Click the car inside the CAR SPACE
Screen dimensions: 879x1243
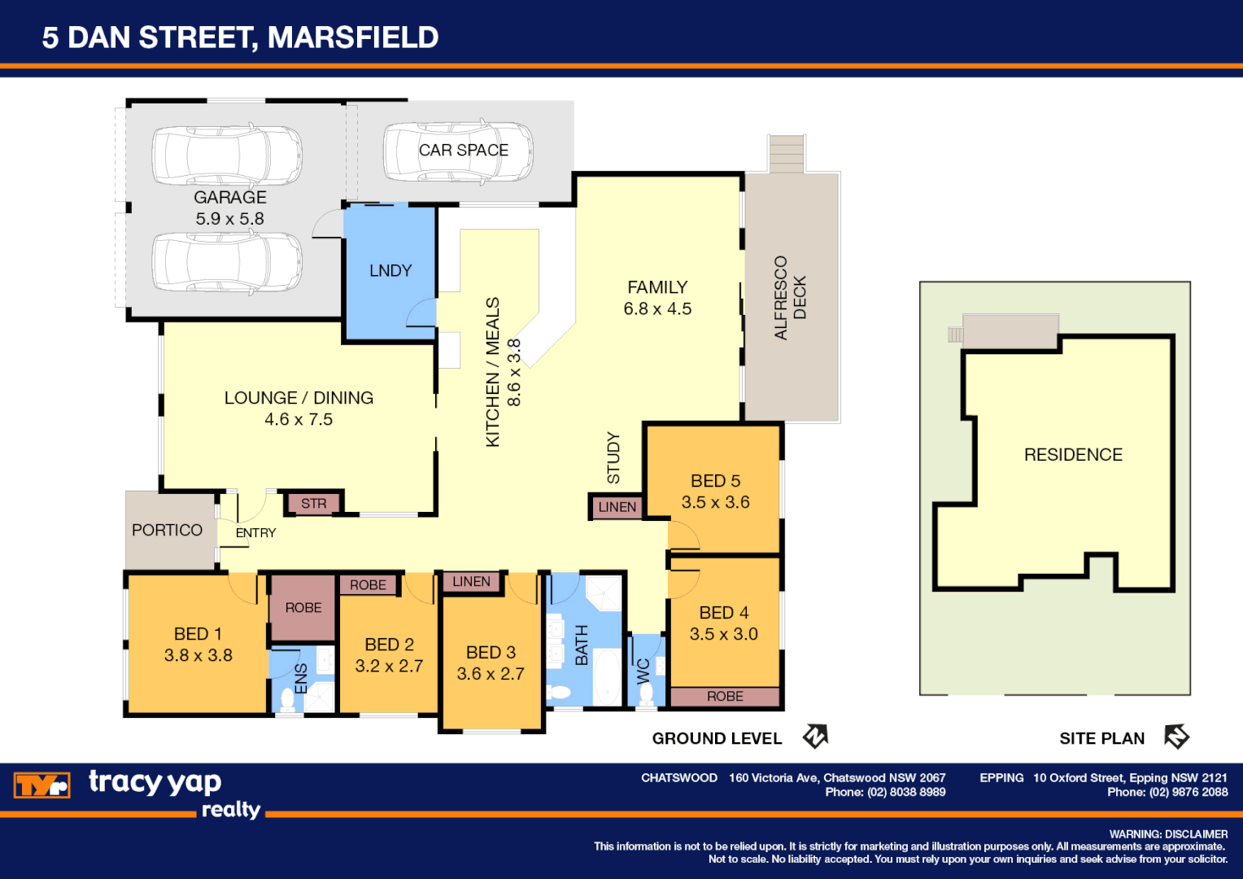click(457, 151)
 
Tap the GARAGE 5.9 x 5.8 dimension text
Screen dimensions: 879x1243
click(229, 219)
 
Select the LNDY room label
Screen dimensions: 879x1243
click(390, 270)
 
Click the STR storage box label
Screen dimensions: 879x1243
click(313, 504)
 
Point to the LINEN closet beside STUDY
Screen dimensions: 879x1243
click(617, 507)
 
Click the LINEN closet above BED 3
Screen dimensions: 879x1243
click(471, 582)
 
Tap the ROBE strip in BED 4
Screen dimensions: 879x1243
click(725, 697)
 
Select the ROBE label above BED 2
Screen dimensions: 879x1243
click(368, 585)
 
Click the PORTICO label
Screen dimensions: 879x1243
click(167, 530)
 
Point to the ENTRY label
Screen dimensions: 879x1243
click(255, 533)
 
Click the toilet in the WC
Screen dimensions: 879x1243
click(647, 693)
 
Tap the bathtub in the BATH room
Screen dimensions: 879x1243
click(606, 676)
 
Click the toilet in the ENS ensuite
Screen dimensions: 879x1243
click(287, 698)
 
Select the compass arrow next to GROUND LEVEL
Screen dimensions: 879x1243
click(815, 737)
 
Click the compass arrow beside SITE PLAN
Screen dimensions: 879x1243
click(1176, 737)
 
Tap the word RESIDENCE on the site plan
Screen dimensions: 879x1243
click(1073, 455)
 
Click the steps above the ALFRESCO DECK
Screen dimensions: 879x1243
click(787, 153)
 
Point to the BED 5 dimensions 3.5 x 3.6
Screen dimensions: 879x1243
click(715, 502)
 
